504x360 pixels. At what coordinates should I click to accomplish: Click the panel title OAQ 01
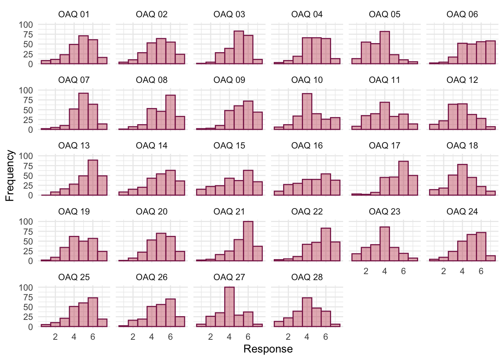click(x=74, y=15)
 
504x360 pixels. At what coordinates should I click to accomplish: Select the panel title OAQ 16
click(x=307, y=146)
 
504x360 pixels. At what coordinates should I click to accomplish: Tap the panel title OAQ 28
click(x=307, y=277)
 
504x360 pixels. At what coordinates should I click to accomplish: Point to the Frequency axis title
click(x=10, y=175)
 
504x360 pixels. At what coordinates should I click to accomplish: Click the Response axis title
click(x=268, y=349)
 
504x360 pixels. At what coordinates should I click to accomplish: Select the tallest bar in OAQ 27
click(x=229, y=307)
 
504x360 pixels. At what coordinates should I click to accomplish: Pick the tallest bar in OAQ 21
click(x=248, y=241)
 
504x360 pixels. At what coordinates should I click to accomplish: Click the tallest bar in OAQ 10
click(x=307, y=111)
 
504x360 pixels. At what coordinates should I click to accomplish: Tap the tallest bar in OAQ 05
click(x=384, y=48)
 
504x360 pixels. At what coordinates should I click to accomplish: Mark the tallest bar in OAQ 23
click(x=384, y=244)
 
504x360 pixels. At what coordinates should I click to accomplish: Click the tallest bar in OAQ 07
click(x=83, y=111)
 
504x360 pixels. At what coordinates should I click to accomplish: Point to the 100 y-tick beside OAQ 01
click(x=26, y=25)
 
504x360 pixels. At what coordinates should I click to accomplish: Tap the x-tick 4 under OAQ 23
click(x=384, y=271)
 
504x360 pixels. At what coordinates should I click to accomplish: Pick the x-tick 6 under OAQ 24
click(x=481, y=271)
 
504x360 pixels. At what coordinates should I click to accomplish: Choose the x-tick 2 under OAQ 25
click(x=55, y=337)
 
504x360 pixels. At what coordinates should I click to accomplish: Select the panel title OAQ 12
click(x=462, y=80)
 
